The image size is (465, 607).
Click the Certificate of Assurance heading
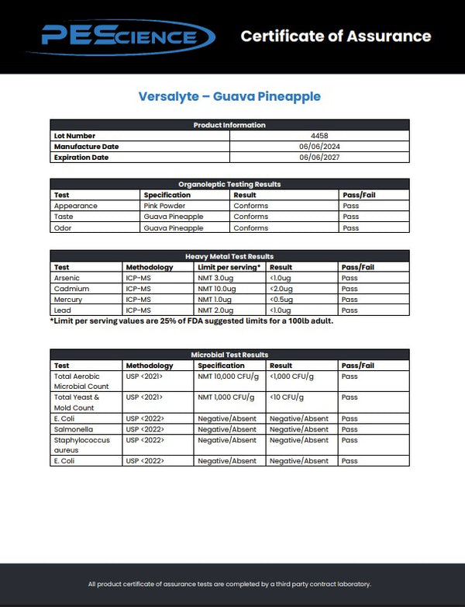tap(336, 36)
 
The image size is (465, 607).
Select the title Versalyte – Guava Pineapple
tap(229, 96)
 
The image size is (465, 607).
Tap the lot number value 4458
tap(319, 136)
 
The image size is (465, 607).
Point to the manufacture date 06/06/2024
tap(319, 147)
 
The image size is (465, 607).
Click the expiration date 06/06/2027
tap(319, 158)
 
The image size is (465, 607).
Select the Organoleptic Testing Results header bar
tap(229, 184)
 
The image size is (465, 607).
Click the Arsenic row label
tap(67, 278)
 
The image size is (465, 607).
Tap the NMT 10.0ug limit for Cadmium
tap(216, 289)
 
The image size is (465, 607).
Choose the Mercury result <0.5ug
tap(281, 300)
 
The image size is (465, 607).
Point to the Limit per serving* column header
tap(229, 267)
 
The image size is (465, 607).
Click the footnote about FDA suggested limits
tap(191, 321)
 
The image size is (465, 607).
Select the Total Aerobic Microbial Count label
tap(81, 381)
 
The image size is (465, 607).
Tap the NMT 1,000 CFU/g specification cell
tap(226, 397)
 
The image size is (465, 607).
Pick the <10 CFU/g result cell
tap(286, 397)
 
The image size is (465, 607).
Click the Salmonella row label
tap(72, 429)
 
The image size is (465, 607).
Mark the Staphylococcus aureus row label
tap(81, 445)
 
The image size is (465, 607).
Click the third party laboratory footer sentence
tap(229, 584)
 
